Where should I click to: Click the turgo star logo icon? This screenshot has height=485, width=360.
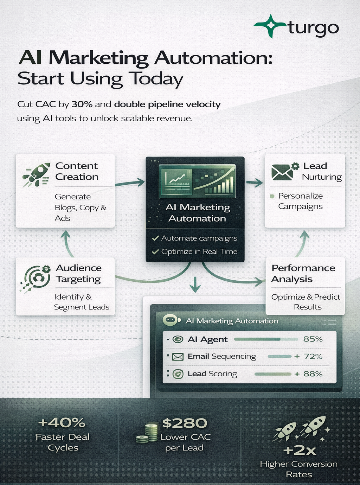270,26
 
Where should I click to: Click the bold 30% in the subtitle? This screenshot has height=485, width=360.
82,104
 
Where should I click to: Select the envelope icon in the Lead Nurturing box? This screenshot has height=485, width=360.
282,172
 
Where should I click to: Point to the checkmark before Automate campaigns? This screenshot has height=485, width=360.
155,238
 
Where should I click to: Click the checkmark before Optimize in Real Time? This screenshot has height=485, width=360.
155,251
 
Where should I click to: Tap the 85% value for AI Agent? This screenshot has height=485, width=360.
313,339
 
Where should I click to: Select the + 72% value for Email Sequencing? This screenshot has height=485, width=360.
308,356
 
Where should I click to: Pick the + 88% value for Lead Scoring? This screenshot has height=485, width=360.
308,374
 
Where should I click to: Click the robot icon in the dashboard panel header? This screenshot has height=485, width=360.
170,320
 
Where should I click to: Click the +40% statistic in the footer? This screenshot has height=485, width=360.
62,422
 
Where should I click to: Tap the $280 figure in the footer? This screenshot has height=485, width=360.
185,423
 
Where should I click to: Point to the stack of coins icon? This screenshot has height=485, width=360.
148,433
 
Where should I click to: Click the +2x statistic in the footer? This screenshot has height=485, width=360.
299,450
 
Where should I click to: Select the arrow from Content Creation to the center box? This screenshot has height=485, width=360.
130,183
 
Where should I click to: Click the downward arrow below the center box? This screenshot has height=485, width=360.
195,284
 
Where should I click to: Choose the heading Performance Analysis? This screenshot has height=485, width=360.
303,273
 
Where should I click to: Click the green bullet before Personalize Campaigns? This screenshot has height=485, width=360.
272,196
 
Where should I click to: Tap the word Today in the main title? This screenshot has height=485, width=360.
156,79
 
